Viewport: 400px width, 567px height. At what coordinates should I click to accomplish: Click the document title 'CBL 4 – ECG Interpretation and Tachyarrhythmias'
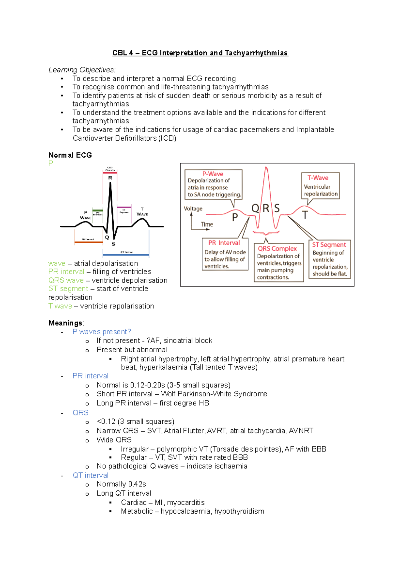click(200, 53)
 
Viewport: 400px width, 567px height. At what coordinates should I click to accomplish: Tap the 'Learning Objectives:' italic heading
click(82, 70)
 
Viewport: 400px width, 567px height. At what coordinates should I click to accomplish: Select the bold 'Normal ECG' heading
click(70, 155)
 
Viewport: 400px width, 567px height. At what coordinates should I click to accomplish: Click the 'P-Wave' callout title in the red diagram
click(213, 174)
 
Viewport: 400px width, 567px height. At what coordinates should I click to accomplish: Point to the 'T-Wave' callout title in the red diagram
click(318, 178)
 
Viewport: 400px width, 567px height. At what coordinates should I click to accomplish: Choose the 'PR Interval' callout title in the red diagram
click(224, 243)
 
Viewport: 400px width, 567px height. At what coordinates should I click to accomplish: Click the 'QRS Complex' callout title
click(277, 248)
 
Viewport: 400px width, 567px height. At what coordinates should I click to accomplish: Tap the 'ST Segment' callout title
click(329, 245)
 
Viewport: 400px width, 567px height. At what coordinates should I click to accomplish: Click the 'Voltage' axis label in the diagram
click(193, 209)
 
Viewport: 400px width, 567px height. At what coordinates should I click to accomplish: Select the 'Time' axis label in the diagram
click(207, 224)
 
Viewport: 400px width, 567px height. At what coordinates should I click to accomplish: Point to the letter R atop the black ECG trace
click(110, 178)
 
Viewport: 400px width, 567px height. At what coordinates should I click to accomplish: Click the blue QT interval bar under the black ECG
click(126, 255)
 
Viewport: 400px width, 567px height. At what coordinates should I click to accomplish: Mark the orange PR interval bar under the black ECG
click(88, 242)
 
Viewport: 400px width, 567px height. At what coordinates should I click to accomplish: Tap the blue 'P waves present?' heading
click(102, 332)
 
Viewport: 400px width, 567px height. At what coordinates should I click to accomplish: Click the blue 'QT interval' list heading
click(90, 475)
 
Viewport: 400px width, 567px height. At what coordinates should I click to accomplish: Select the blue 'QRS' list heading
click(80, 413)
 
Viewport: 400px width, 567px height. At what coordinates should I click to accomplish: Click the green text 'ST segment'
click(68, 289)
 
